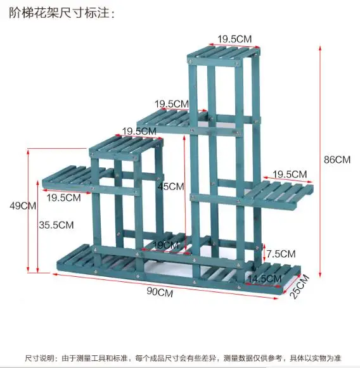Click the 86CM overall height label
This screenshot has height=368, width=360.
pos(337,160)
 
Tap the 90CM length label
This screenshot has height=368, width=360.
pos(160,292)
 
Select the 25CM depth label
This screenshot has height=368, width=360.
pos(300,286)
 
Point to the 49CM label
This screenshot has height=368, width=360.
pos(23,206)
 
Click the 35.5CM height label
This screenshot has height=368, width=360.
pos(56,225)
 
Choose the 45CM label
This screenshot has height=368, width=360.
pos(171,186)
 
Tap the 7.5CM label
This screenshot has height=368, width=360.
pos(281,254)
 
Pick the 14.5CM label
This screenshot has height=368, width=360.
pos(265,279)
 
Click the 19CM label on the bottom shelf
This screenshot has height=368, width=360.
pos(166,245)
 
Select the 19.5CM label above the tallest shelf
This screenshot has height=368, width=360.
pos(235,39)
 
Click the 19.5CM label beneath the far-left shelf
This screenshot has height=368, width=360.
pos(63,198)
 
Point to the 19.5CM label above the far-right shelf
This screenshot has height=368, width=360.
pos(290,174)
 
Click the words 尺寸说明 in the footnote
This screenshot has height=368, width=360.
pos(39,358)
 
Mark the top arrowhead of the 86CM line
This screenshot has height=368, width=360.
pos(320,48)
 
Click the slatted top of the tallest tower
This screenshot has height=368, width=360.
pos(224,53)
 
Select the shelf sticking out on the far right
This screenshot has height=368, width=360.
pos(278,194)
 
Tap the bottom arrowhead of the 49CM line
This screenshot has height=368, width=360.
pos(28,270)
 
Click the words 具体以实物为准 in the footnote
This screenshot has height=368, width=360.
pos(316,358)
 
